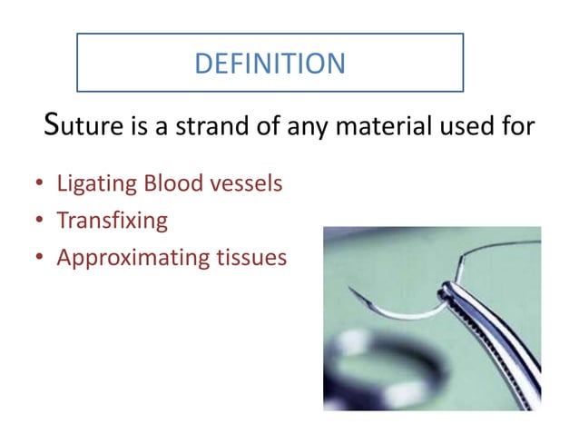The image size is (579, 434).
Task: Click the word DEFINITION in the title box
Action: pyautogui.click(x=270, y=63)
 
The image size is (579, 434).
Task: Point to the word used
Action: pyautogui.click(x=472, y=127)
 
